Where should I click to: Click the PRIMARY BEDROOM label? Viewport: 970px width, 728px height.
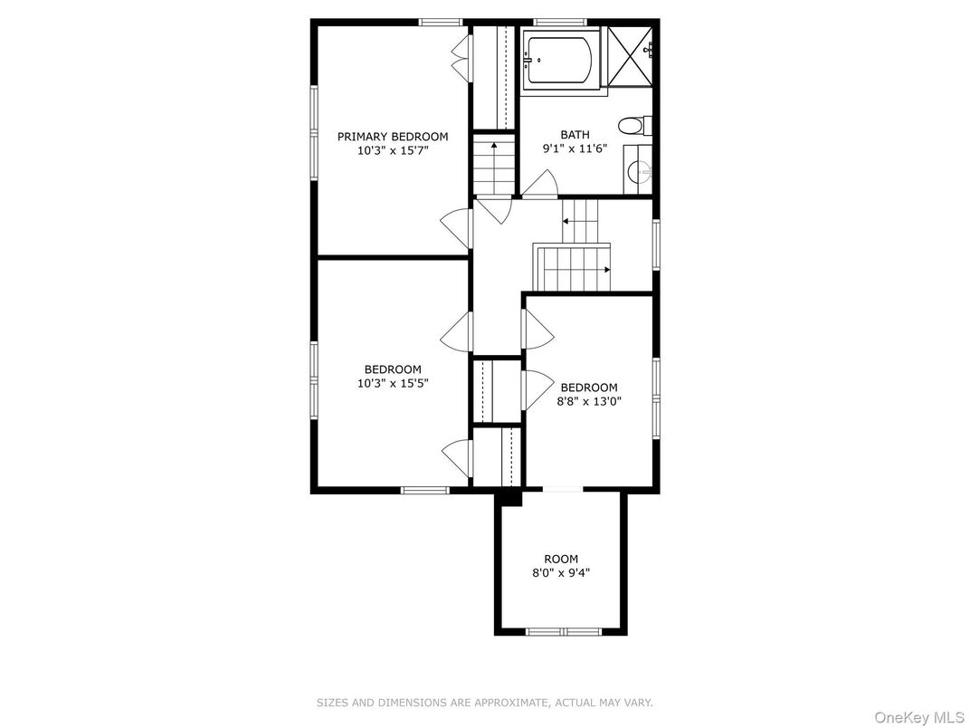pyautogui.click(x=392, y=136)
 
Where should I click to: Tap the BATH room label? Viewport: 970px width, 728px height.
pyautogui.click(x=575, y=134)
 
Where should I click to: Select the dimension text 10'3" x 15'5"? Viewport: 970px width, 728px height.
pyautogui.click(x=393, y=383)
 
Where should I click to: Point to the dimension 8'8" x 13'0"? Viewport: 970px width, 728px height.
pyautogui.click(x=588, y=401)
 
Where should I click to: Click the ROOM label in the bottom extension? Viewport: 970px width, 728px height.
pyautogui.click(x=561, y=559)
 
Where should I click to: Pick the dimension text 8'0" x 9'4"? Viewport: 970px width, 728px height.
pyautogui.click(x=561, y=572)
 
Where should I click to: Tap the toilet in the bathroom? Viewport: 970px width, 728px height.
pyautogui.click(x=634, y=126)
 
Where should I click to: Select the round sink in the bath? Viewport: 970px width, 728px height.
pyautogui.click(x=640, y=169)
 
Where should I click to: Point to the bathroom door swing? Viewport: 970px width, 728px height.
pyautogui.click(x=541, y=184)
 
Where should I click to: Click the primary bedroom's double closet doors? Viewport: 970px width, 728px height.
pyautogui.click(x=461, y=57)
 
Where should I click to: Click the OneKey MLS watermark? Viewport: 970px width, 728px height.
pyautogui.click(x=920, y=717)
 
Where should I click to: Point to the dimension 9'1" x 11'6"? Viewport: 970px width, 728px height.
pyautogui.click(x=575, y=148)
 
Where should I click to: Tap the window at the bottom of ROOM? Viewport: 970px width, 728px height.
pyautogui.click(x=564, y=632)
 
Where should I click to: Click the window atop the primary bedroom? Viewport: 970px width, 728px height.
pyautogui.click(x=441, y=23)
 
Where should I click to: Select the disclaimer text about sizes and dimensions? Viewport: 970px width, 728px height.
pyautogui.click(x=485, y=703)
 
